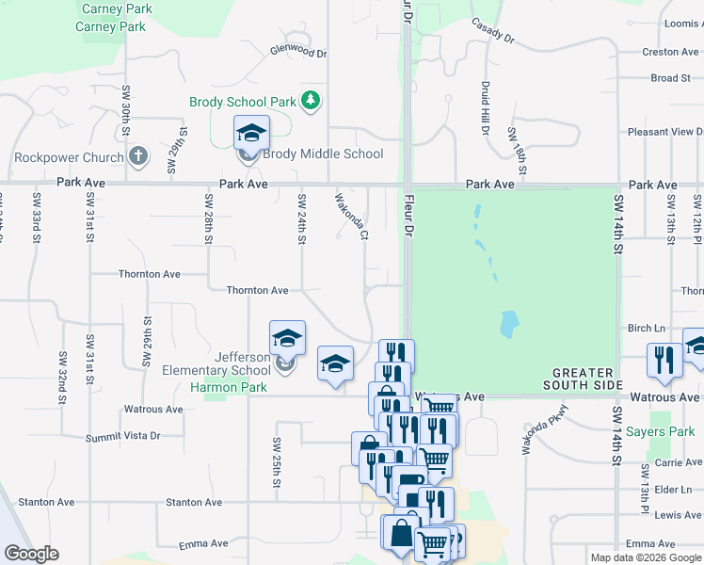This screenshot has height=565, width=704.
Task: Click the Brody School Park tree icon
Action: [311, 101]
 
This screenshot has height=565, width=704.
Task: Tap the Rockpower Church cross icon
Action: [137, 155]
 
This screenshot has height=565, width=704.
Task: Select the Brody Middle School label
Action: [323, 153]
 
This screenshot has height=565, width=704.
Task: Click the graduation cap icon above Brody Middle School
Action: [251, 132]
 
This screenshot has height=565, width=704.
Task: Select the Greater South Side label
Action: [584, 379]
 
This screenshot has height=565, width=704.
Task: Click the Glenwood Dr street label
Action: [297, 51]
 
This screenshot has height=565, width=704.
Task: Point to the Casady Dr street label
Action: [493, 32]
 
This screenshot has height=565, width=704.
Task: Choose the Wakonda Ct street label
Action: [350, 217]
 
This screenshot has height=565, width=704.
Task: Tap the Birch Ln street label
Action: [647, 329]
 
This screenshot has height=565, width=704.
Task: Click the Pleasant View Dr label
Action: [661, 132]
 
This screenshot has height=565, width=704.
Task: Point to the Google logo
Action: [31, 554]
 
